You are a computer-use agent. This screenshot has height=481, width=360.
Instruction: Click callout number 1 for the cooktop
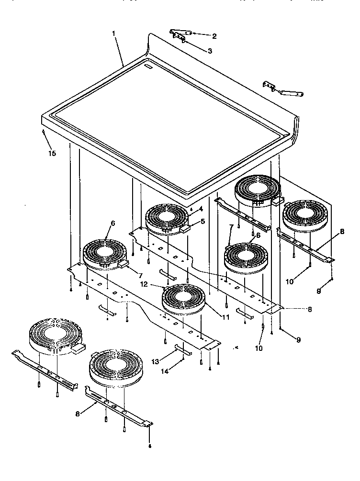[x=114, y=34]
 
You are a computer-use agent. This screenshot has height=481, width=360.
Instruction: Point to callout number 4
[x=201, y=209]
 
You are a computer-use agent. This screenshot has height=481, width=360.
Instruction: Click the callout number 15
[x=52, y=153]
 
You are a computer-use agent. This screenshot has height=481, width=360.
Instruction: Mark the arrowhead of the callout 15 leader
[x=44, y=131]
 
